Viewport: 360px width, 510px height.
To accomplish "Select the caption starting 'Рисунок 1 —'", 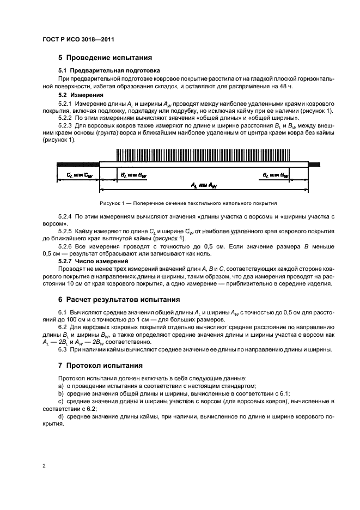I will tap(185, 202).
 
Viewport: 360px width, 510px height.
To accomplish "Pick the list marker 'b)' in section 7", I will tap(60, 393).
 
